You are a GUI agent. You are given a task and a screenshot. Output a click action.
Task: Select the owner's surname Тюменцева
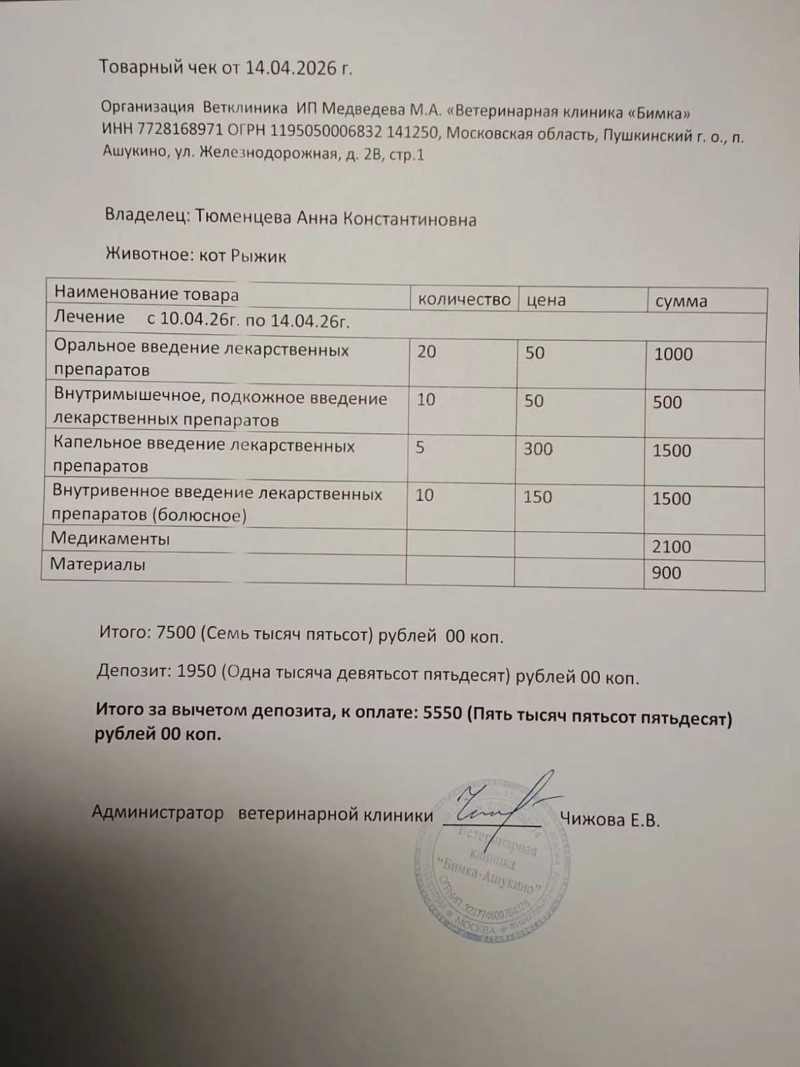(242, 218)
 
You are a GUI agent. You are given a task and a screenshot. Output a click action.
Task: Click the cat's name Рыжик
(258, 256)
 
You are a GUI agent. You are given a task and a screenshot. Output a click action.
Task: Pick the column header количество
(463, 300)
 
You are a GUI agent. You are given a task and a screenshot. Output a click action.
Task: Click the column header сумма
(681, 302)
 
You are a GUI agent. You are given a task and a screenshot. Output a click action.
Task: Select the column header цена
(546, 300)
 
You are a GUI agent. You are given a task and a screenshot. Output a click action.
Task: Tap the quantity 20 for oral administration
(426, 352)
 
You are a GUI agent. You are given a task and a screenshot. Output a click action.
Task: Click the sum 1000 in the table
(673, 354)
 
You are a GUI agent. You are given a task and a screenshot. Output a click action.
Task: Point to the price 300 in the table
(537, 449)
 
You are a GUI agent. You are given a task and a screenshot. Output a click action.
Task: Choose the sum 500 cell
(667, 403)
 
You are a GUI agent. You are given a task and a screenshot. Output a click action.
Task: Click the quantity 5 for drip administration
(420, 448)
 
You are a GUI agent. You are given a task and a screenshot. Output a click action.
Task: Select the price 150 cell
(537, 497)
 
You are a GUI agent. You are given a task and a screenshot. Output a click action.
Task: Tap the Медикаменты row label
(110, 539)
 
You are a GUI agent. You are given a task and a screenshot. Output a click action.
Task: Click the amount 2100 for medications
(672, 547)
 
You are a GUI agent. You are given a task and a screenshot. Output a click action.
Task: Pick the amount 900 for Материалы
(667, 573)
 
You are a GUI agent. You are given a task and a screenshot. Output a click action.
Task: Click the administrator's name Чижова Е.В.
(610, 820)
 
